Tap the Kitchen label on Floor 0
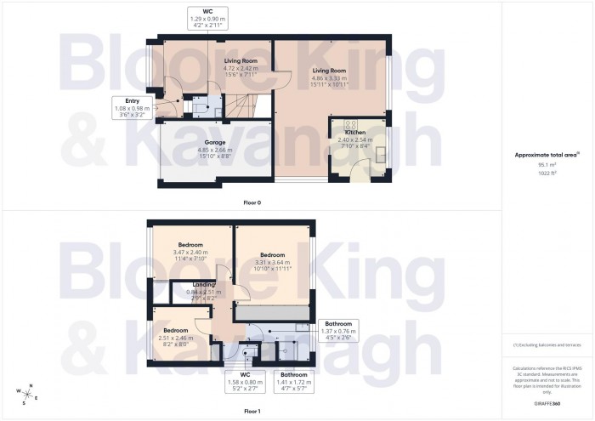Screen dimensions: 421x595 pos(354,133)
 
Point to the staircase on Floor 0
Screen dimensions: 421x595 pos(239,106)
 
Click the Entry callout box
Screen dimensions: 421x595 pos(132,108)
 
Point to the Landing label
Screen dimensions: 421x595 pos(204,284)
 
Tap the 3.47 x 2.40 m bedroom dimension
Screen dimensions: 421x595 pos(190,253)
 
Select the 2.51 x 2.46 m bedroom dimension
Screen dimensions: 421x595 pos(175,338)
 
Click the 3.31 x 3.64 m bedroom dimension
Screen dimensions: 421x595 pos(272,263)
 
